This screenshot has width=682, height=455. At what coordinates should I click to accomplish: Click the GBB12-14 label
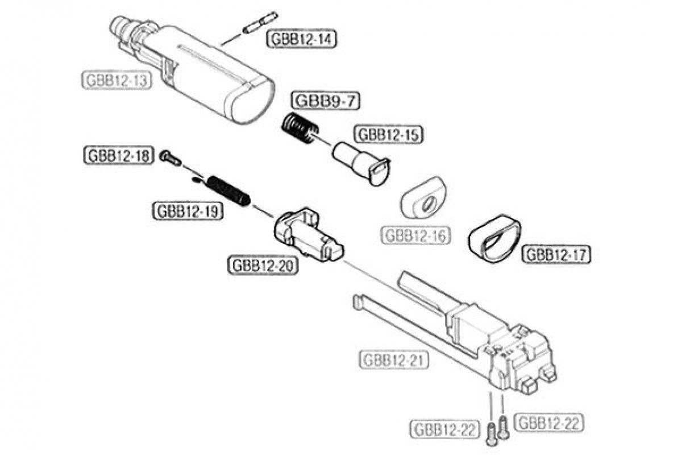301,39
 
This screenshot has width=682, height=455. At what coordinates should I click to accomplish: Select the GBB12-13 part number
117,80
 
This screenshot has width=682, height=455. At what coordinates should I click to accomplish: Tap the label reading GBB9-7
326,101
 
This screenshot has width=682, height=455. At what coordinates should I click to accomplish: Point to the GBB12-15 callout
389,135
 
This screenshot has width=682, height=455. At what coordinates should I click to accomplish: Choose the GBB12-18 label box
119,156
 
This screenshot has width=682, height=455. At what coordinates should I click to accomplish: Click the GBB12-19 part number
188,211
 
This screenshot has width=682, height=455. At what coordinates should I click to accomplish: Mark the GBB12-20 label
263,266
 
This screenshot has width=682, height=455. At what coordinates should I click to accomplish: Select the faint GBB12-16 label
415,235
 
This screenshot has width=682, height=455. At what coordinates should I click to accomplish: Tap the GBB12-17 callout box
556,254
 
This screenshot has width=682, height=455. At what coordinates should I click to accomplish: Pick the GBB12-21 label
394,360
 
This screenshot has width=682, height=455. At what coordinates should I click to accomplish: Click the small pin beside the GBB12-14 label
261,23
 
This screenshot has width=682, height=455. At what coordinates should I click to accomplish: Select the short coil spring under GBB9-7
300,127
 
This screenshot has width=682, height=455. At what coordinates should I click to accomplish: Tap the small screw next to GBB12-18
170,158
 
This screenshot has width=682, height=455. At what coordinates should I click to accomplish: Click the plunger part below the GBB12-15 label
361,163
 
